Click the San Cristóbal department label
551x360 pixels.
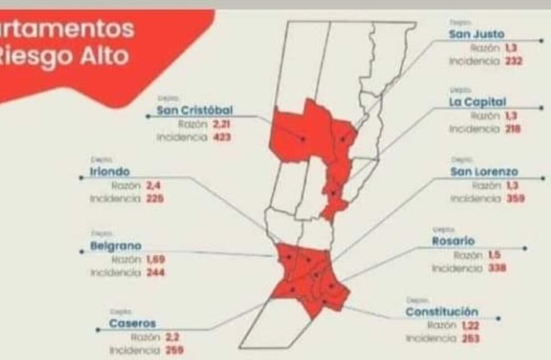[x=195, y=110]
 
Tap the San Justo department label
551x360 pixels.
[x=476, y=34]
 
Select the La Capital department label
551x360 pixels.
[x=477, y=102]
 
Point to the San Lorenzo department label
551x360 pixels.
[x=484, y=172]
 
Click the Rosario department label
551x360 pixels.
[x=453, y=241]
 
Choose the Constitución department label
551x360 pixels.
[x=442, y=312]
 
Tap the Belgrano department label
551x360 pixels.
[x=116, y=246]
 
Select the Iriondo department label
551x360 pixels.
[x=110, y=172]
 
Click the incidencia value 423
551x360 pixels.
[x=222, y=137]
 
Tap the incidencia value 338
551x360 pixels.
[x=497, y=268]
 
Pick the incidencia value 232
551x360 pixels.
[x=513, y=61]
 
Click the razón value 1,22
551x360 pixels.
[x=470, y=325]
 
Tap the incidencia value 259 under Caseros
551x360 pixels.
[x=171, y=350]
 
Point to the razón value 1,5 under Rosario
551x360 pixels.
[x=495, y=255]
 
